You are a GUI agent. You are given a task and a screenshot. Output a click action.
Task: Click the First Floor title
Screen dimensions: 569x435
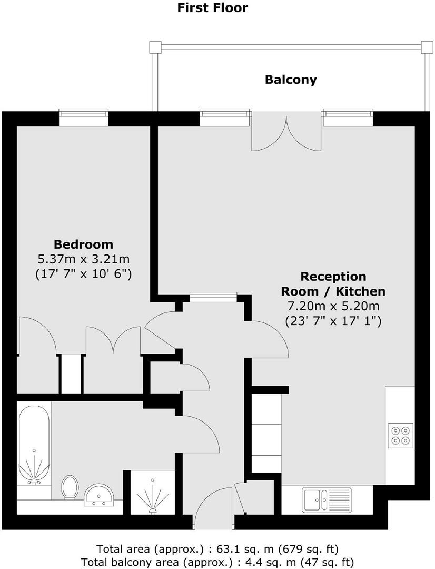click(212, 8)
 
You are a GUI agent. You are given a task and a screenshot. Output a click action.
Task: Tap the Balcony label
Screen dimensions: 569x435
click(291, 80)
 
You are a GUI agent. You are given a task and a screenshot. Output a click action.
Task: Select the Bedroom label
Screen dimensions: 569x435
click(83, 244)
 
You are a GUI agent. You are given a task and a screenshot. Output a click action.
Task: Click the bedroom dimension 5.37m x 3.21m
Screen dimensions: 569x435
click(83, 259)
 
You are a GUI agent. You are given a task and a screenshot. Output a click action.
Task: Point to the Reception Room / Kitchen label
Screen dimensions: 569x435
click(333, 283)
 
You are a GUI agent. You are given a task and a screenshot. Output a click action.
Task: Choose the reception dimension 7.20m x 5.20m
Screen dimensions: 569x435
click(333, 306)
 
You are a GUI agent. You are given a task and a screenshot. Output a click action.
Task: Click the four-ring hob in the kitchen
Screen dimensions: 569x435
click(400, 435)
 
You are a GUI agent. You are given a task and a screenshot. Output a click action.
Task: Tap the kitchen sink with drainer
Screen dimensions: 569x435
click(327, 498)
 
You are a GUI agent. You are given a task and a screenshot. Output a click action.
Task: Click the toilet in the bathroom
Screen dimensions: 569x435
click(69, 487)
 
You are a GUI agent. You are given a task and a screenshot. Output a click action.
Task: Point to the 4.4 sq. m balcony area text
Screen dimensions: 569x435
click(217, 562)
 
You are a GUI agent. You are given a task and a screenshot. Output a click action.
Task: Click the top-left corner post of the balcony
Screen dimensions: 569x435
click(154, 47)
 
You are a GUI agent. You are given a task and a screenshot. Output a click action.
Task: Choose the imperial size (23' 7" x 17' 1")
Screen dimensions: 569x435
click(333, 320)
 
